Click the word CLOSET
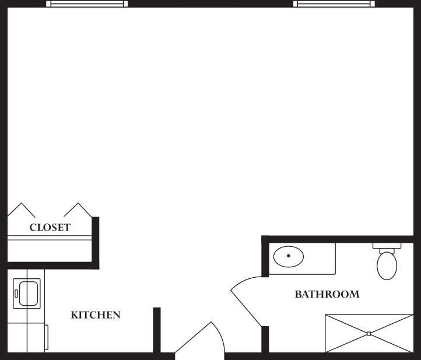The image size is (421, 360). coord(50,228)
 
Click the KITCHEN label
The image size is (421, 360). coord(96,315)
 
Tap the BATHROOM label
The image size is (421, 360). coord(327,295)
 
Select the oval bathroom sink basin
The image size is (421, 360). coord(288,257)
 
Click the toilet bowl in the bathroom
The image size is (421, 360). coord(387,266)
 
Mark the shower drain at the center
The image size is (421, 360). coord(369,334)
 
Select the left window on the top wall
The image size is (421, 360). coord(87,4)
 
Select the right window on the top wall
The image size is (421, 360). coord(334,4)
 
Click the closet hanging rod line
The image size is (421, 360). coord(50,238)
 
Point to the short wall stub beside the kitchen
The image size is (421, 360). coord(156,329)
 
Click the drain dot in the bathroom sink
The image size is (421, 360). coord(288,256)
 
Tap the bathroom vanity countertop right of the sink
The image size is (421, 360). coord(320,259)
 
